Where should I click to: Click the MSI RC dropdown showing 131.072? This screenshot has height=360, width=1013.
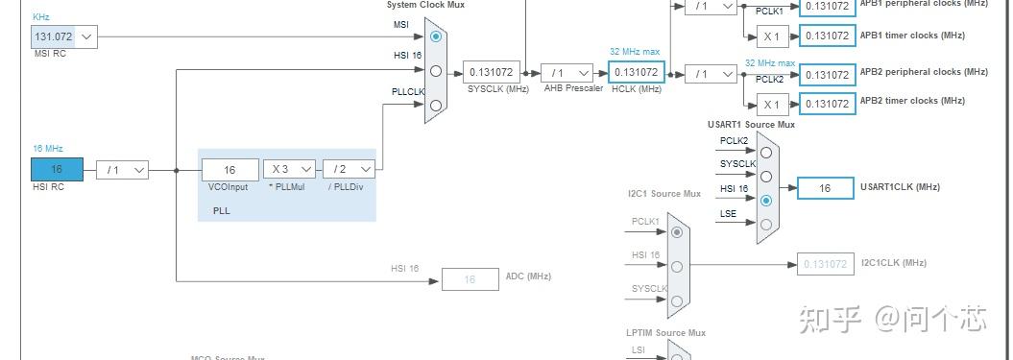coord(64,37)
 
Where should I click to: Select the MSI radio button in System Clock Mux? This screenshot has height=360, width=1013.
coord(436,36)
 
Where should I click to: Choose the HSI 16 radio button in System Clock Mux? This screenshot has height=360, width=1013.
coord(436,70)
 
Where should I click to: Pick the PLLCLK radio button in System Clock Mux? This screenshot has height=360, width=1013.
coord(436,105)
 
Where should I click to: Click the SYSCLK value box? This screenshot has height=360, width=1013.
coord(492,72)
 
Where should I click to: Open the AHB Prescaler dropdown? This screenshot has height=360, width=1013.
coord(567,72)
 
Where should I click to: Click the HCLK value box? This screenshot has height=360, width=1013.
coord(636,72)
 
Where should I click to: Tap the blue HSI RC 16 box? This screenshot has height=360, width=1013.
coord(57,170)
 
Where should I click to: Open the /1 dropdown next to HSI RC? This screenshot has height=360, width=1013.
coord(122,170)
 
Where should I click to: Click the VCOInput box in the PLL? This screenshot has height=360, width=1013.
coord(229,170)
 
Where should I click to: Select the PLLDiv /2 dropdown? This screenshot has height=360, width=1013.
coord(349,170)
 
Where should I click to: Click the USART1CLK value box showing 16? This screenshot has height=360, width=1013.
coord(824,188)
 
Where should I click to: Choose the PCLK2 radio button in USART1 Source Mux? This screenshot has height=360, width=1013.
coord(765,152)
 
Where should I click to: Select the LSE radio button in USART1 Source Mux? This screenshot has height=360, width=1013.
coord(765,225)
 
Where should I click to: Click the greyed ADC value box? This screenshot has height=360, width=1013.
coord(470,279)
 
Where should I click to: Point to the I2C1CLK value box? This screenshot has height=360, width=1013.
coord(824,264)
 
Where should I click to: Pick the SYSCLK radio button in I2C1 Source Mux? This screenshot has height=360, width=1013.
coord(678,300)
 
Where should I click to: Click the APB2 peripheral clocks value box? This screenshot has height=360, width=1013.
coord(827,75)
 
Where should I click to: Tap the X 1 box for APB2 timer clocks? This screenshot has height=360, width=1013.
coord(771,104)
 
